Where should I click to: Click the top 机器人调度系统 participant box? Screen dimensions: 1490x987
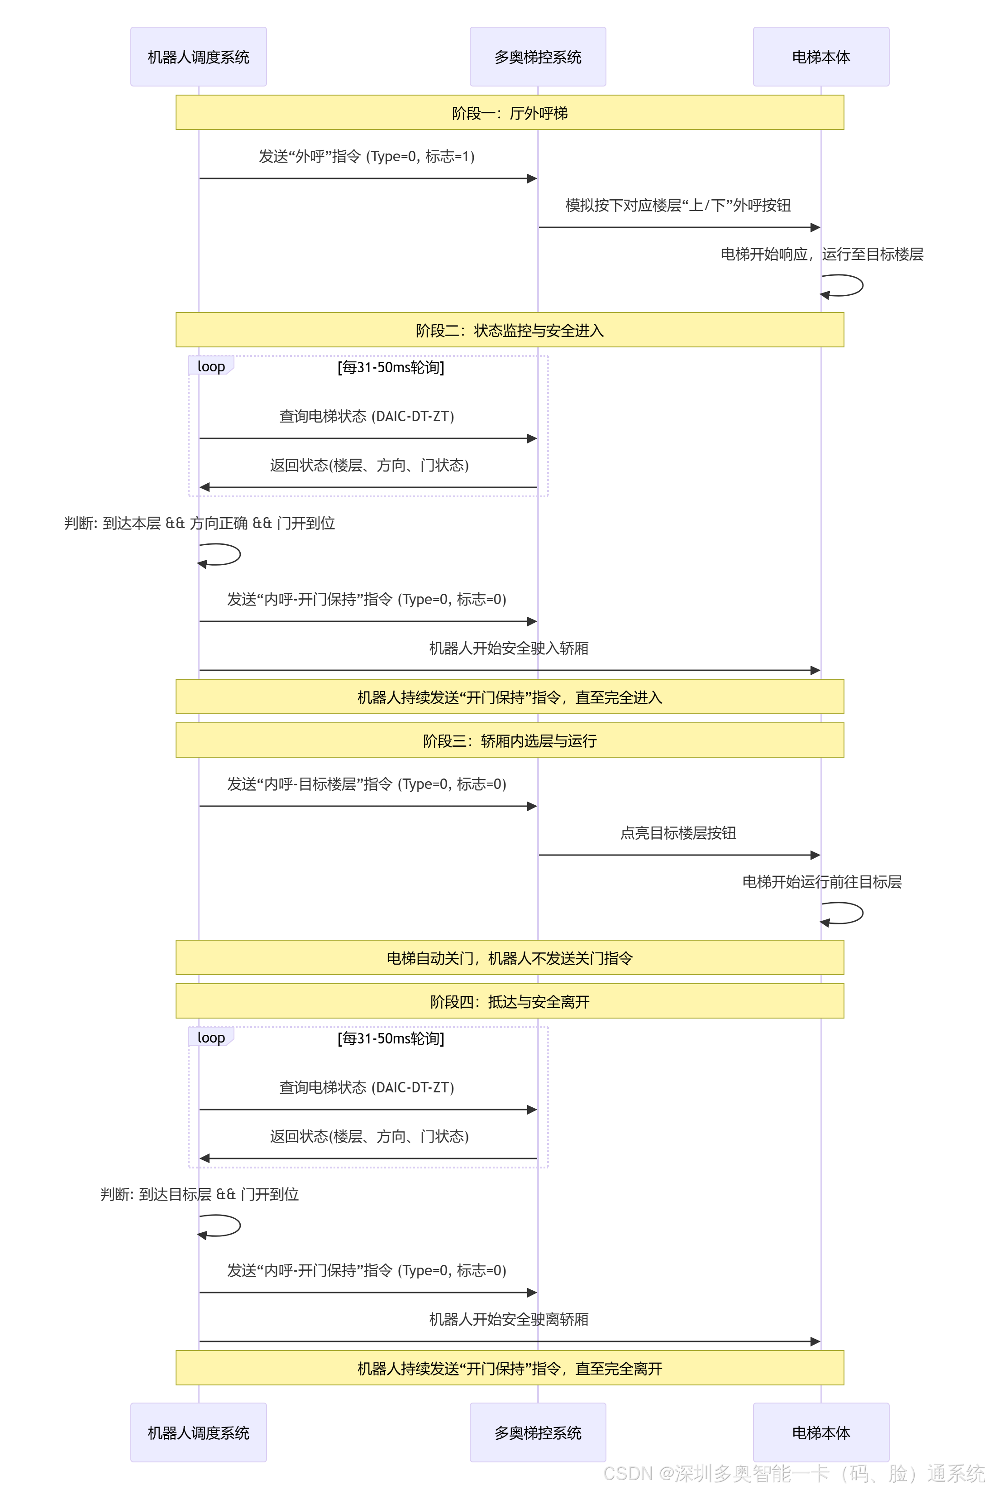198,57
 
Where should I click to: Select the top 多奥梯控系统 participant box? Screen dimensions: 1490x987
538,57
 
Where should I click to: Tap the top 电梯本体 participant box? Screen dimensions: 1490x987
821,57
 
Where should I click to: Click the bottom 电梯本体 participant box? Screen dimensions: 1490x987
821,1432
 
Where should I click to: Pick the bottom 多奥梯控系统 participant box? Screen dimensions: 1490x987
538,1432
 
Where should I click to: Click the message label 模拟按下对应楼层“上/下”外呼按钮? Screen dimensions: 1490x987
678,205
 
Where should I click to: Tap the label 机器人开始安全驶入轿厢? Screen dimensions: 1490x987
509,648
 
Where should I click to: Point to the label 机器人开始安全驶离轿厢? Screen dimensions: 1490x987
509,1319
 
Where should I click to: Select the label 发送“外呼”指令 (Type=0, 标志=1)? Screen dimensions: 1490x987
367,156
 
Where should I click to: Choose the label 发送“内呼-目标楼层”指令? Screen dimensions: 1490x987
367,784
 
